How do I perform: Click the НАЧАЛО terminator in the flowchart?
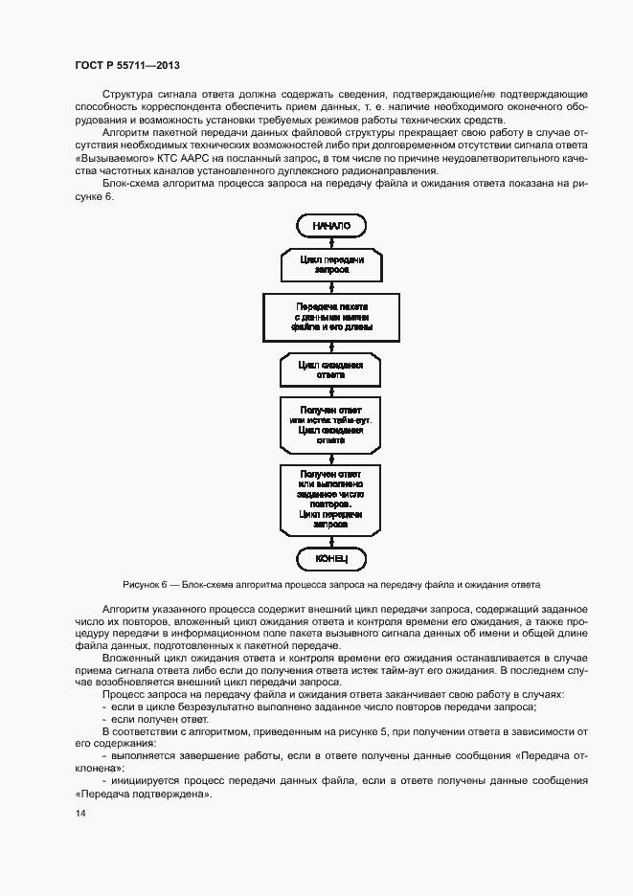click(x=331, y=225)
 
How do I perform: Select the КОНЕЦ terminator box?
click(x=331, y=557)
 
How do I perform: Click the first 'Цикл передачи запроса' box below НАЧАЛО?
click(x=331, y=264)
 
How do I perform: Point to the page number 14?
click(x=79, y=813)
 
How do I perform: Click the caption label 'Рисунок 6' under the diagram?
click(x=145, y=583)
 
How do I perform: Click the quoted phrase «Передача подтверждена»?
click(x=143, y=795)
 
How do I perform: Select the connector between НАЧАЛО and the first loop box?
click(x=331, y=241)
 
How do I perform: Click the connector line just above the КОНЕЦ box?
click(x=331, y=542)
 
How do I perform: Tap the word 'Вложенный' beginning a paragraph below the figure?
click(x=131, y=661)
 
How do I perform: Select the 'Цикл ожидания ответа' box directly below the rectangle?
click(x=331, y=370)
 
